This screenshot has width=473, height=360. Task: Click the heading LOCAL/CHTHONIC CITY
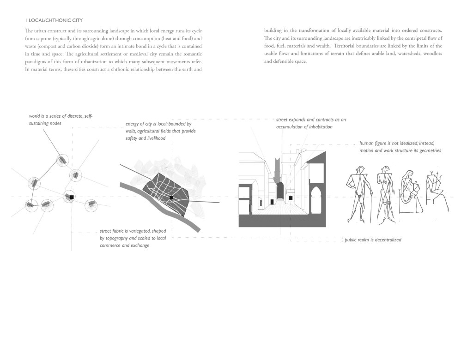(x=55, y=20)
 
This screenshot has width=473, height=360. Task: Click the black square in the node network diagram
(x=72, y=197)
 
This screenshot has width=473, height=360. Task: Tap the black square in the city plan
(x=171, y=198)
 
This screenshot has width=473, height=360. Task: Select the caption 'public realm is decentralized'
(x=373, y=240)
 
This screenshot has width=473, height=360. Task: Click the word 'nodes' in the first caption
(x=55, y=123)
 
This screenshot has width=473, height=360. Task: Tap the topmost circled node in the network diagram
(x=63, y=160)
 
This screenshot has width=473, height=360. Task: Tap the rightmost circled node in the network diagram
(x=91, y=205)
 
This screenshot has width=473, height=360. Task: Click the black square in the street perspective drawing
(x=291, y=198)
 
